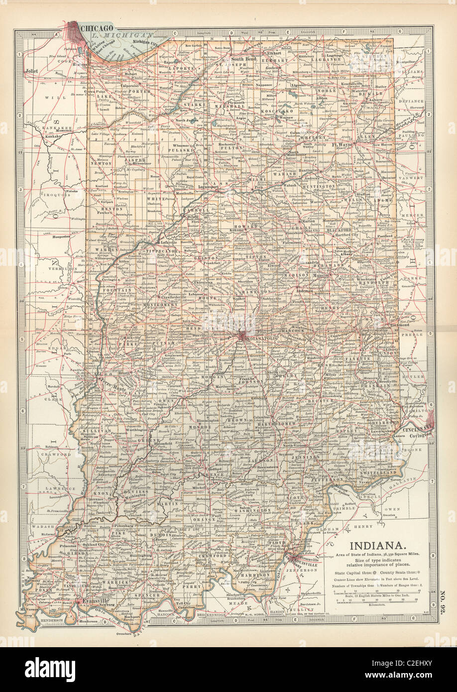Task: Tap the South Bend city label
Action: tap(243, 59)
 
